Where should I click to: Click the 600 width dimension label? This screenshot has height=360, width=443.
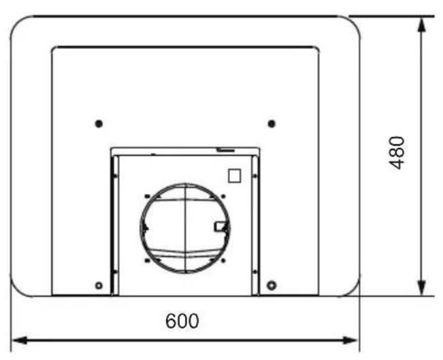[182, 321]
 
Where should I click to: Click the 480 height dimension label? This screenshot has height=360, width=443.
[397, 153]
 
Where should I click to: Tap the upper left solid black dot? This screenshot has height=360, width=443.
[99, 124]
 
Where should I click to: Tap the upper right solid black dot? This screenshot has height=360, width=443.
[272, 124]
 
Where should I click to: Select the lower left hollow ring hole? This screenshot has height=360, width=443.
[99, 285]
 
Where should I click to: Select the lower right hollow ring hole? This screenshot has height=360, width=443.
[272, 285]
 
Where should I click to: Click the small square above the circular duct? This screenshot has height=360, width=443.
[235, 176]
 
